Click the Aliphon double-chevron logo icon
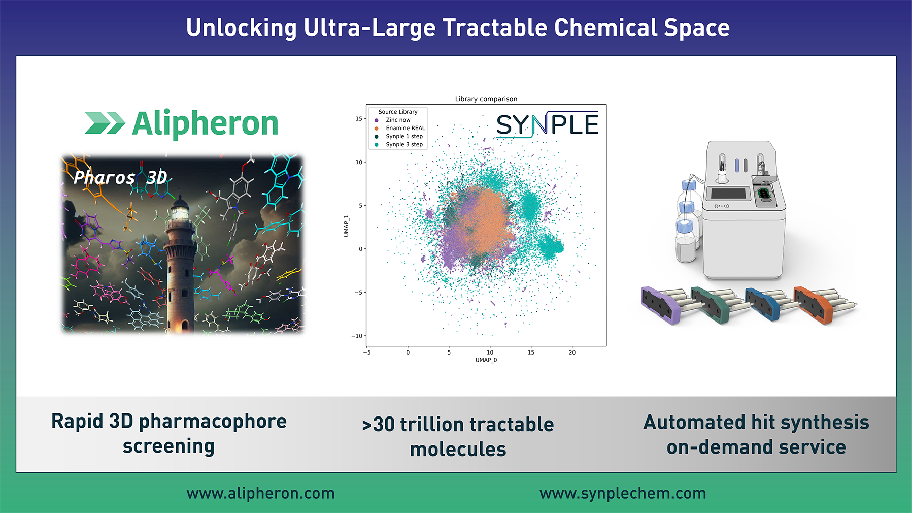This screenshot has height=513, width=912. point(105,123)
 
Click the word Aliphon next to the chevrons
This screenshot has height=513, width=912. point(206,123)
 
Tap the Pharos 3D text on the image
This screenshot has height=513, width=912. point(120,177)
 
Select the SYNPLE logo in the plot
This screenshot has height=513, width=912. point(547,124)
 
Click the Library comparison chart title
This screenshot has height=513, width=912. point(486,99)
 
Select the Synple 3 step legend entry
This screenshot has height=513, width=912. point(399,144)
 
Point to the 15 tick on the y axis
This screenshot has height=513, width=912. point(359,119)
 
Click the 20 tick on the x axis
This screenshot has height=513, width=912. point(572,352)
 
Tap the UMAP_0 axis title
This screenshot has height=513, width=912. point(486,360)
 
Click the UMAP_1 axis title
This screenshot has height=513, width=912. point(346,226)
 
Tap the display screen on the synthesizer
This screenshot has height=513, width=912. point(729,193)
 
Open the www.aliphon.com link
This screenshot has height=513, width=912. point(260,493)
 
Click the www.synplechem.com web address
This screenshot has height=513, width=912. point(623,493)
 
